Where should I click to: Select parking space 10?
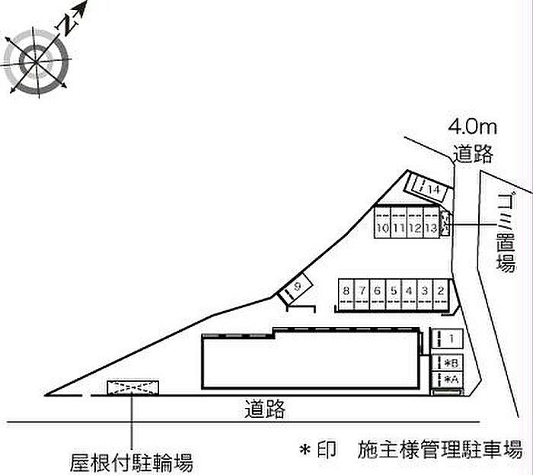tap(382, 222)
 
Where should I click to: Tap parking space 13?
tap(432, 222)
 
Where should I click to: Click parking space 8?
tap(346, 294)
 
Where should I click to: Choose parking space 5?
tap(394, 294)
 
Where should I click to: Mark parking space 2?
tap(441, 294)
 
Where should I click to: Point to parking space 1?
tap(447, 339)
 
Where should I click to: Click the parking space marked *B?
tap(447, 363)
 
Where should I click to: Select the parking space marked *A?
tap(447, 380)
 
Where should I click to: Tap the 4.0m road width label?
tap(472, 127)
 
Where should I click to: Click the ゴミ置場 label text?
tap(506, 233)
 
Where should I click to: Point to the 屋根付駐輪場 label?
tap(131, 463)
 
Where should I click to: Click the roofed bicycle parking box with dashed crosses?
tap(133, 388)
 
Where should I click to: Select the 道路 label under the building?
tap(265, 409)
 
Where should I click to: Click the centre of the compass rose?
tap(36, 62)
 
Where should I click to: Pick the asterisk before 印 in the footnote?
tap(305, 450)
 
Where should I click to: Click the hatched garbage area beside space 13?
tap(445, 223)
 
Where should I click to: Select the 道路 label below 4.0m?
tap(473, 153)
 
